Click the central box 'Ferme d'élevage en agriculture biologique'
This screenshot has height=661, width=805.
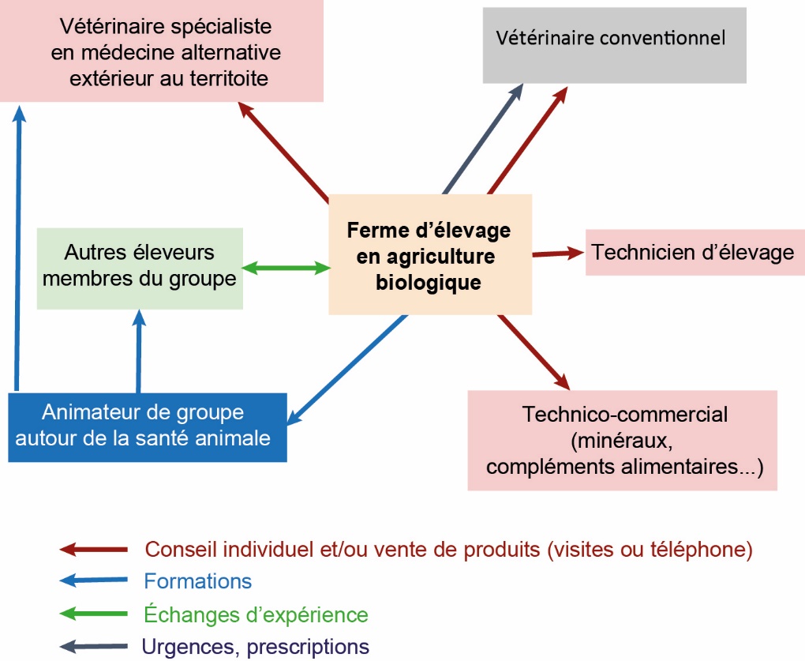pos(430,254)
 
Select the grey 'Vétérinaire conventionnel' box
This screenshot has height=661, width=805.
pos(614,45)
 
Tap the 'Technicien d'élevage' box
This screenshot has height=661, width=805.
pos(695,253)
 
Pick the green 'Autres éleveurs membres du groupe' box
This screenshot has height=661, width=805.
pos(140,268)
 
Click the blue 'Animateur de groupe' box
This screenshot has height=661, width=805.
pos(147,426)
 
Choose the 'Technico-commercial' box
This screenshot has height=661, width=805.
pos(623,440)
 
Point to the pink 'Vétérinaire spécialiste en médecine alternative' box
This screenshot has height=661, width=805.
pos(162,51)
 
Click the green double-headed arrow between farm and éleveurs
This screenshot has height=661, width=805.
pos(286,268)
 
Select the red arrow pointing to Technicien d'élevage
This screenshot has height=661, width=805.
pos(559,254)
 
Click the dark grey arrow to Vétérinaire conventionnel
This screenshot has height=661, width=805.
pos(483,139)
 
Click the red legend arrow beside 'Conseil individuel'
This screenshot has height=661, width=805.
pos(93,549)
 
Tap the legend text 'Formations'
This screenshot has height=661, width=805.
pos(197,581)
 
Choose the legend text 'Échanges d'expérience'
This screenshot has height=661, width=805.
pos(256,614)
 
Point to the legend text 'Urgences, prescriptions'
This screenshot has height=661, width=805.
pos(256,647)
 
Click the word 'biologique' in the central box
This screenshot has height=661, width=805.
pos(429,282)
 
